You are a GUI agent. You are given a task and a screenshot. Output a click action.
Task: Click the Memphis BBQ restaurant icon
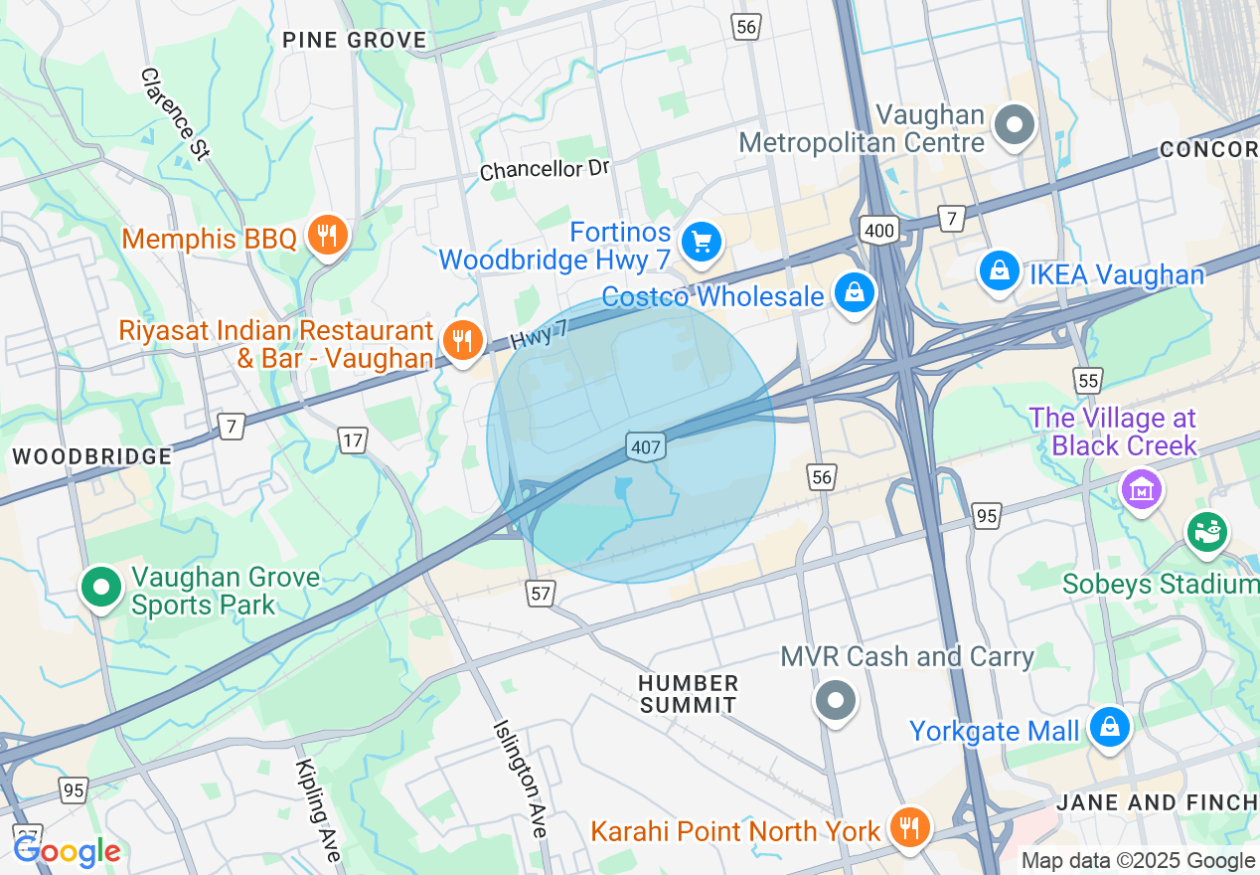pos(326,236)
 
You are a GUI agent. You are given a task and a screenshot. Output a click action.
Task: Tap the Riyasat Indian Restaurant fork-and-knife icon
pos(462,341)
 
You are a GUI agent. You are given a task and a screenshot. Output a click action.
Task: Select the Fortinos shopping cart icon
pos(702,241)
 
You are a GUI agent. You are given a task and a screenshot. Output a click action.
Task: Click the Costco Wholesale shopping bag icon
pos(854,293)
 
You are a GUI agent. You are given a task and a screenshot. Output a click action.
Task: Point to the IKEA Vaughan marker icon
pos(999,270)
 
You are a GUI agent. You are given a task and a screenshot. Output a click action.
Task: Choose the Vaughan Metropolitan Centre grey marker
pos(1016,126)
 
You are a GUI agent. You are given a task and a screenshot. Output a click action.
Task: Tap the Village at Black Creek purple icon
pos(1141,488)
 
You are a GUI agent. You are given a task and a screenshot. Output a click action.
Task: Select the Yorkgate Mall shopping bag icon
pos(1109,728)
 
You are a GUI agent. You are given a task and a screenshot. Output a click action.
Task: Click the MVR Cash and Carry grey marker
pos(836,701)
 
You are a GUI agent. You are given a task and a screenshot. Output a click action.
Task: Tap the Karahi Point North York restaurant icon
pos(907,826)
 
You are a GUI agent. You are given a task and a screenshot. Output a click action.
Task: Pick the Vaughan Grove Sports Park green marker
pos(101,586)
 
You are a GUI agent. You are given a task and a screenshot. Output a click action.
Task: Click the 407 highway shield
pos(646,446)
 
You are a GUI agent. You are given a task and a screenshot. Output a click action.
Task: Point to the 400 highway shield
pos(880,231)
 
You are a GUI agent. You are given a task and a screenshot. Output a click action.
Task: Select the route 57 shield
pos(541,594)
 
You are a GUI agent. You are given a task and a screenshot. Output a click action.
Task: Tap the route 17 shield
pos(353,439)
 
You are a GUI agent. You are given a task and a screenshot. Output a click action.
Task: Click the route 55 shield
pos(1088,380)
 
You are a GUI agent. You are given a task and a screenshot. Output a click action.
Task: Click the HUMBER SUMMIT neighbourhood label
pos(689,694)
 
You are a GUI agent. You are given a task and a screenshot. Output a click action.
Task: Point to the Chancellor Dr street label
pos(545,169)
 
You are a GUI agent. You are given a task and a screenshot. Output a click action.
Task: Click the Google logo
pos(66,851)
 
